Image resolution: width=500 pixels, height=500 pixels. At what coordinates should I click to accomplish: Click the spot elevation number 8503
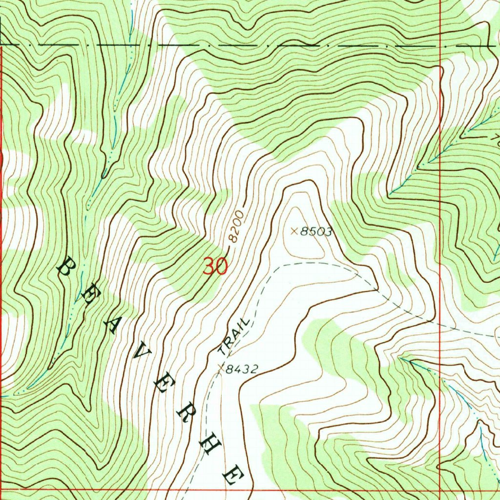tap(316, 232)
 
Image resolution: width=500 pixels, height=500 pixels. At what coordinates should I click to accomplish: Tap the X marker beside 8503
tap(294, 231)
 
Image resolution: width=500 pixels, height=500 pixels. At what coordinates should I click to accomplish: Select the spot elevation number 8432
tap(241, 369)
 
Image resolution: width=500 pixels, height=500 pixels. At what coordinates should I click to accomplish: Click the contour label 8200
tap(235, 228)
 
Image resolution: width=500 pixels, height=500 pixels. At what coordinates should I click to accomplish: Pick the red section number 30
tap(215, 267)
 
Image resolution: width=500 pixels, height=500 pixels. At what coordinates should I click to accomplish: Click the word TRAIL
tap(234, 336)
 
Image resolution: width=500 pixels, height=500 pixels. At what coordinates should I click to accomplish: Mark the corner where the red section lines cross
tap(440, 489)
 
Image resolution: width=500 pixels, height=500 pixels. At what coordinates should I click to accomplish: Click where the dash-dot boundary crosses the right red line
tap(440, 45)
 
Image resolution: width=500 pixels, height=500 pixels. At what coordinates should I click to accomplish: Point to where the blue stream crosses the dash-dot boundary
tap(132, 45)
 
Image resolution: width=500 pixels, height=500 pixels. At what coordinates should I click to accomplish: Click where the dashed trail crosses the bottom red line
tap(186, 489)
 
